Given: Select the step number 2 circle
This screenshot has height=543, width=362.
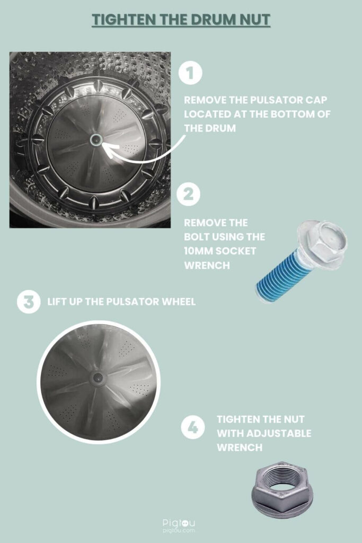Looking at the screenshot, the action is pos(189,194).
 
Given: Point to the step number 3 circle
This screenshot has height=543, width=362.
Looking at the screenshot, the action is pos(29,302).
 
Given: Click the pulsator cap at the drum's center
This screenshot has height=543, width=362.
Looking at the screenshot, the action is pos(95,140).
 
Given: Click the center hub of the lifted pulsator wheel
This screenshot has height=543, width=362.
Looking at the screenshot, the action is pos(97,378).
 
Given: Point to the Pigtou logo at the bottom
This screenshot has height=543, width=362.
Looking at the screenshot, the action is pos(179,526).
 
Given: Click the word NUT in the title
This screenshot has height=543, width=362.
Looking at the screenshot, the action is pos(254,20).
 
